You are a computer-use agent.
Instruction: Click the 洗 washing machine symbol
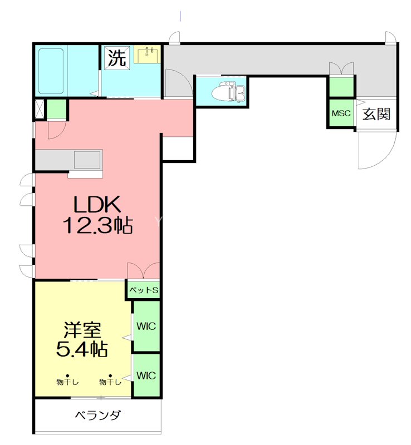(116, 57)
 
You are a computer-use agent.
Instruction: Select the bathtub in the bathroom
(50, 71)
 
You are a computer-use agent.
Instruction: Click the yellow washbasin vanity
(148, 55)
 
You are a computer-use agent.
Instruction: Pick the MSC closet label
(341, 113)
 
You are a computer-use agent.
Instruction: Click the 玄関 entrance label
(376, 114)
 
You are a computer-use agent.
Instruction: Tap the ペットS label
(144, 290)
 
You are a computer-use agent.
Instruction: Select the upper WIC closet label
(146, 325)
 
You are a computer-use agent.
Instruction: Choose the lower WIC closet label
(146, 375)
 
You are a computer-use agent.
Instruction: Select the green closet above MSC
(341, 87)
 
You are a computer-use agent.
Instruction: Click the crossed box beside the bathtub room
(40, 109)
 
